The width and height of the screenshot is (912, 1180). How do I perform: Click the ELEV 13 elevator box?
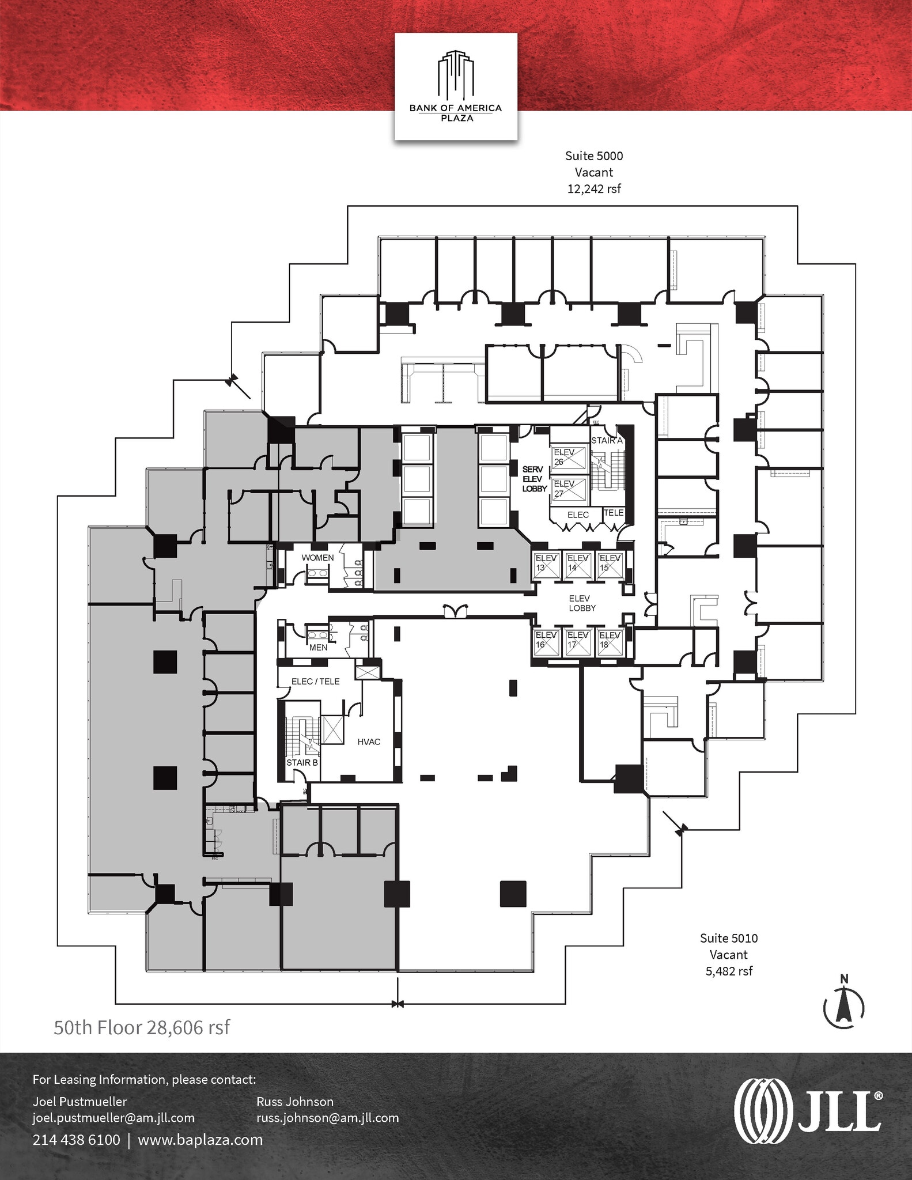545,565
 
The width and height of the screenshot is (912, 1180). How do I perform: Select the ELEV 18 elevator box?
609,642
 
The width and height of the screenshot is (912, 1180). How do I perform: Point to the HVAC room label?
369,742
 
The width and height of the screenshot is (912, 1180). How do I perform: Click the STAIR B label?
302,762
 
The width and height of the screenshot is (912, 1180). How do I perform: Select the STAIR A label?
607,440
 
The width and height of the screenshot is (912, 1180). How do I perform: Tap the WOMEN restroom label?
317,558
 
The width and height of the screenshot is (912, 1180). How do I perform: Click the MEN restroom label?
318,647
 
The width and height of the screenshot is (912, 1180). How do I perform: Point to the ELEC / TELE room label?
315,681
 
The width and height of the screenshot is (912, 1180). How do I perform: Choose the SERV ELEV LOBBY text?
534,479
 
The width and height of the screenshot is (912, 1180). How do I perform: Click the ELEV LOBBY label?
582,603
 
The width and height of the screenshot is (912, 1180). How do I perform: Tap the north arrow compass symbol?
844,1006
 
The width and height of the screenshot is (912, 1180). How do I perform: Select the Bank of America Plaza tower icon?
455,74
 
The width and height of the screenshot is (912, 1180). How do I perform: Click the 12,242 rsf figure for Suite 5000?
594,188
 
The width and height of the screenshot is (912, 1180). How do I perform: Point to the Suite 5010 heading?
728,938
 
